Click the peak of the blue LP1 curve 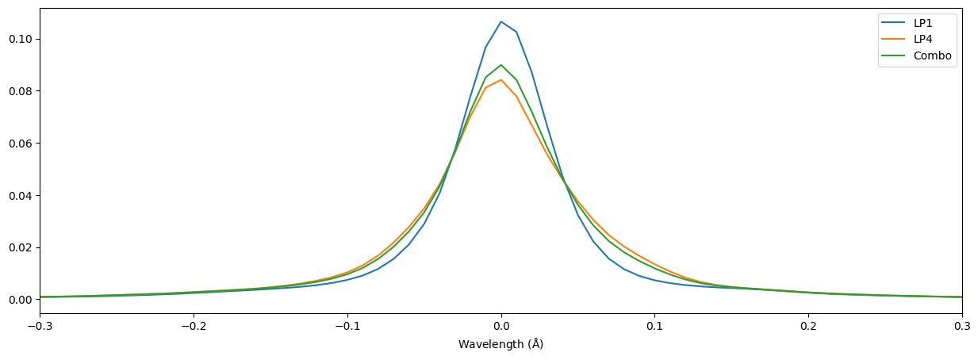(501, 21)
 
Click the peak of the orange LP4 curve (501, 79)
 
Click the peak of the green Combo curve (501, 65)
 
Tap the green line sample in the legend (895, 56)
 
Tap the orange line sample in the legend (895, 40)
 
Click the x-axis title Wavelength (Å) (501, 344)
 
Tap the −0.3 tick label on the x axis (40, 326)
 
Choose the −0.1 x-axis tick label (347, 326)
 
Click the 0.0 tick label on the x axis (501, 326)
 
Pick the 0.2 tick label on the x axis (808, 326)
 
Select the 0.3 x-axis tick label (961, 326)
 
